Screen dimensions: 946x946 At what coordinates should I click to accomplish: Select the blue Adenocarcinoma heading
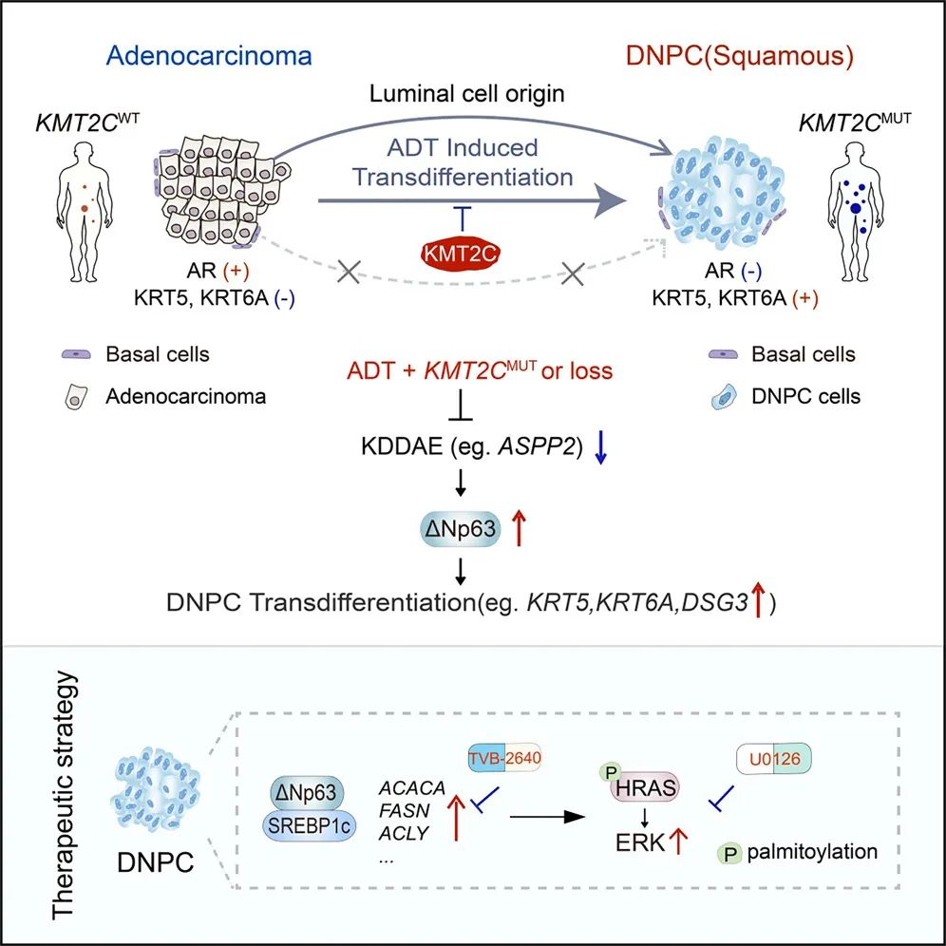coord(209,55)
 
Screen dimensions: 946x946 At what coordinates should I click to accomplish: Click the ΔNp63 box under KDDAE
coord(462,528)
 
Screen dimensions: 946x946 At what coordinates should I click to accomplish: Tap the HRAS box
coord(650,787)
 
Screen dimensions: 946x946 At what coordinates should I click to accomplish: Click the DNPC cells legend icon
coord(725,396)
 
